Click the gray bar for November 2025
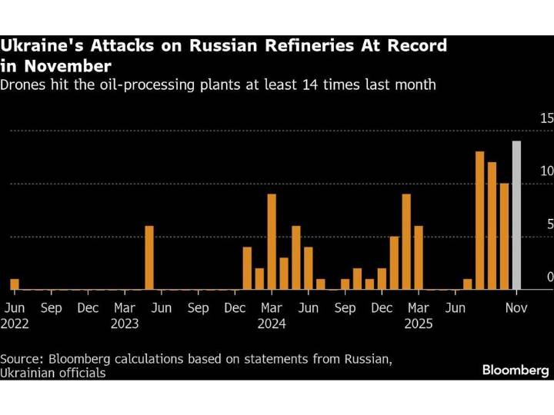click(x=516, y=215)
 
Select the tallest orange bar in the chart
click(x=479, y=221)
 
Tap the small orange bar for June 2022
click(x=15, y=284)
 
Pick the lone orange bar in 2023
click(x=149, y=257)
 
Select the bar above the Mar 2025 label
click(x=419, y=257)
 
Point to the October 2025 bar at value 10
click(x=504, y=237)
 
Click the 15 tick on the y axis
click(x=546, y=118)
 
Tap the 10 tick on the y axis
click(x=546, y=171)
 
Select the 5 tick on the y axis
click(x=549, y=224)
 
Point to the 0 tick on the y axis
click(x=549, y=277)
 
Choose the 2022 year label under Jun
click(x=16, y=324)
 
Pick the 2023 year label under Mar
click(x=125, y=324)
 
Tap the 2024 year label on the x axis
click(x=272, y=324)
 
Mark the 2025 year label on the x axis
click(x=419, y=324)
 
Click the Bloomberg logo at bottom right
click(x=516, y=370)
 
